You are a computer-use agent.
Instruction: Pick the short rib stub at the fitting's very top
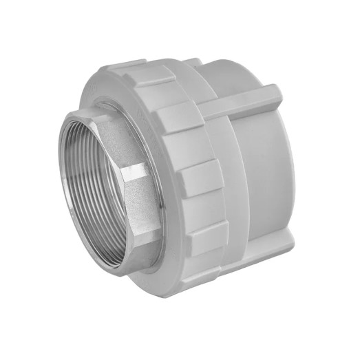tap(193, 63)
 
